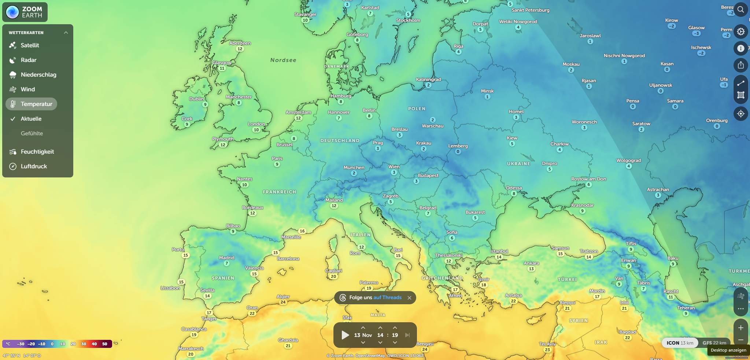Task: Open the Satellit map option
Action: click(29, 45)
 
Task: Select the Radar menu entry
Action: click(28, 60)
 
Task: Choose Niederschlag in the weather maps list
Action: click(38, 75)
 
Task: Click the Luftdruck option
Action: click(33, 166)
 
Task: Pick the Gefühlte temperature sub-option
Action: click(32, 133)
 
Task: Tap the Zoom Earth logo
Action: click(25, 12)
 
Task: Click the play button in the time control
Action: click(345, 335)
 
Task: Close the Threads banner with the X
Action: click(409, 298)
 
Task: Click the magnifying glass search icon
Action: click(740, 10)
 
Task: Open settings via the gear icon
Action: click(740, 32)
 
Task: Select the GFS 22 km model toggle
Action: click(714, 343)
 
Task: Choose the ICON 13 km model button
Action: click(680, 343)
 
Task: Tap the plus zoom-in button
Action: click(740, 328)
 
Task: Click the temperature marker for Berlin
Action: click(369, 116)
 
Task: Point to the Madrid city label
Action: click(226, 258)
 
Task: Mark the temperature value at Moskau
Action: click(571, 70)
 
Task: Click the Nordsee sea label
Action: click(283, 60)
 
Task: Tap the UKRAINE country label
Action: click(518, 164)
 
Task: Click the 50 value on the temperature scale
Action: click(105, 344)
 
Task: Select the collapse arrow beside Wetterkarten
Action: click(66, 33)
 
